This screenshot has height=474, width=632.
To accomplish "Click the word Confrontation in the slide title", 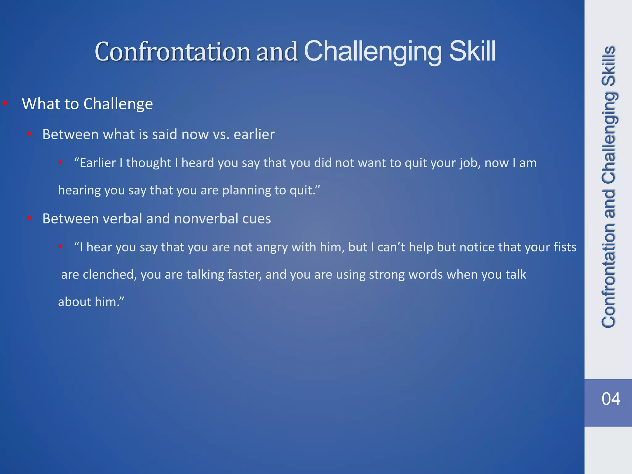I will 172,52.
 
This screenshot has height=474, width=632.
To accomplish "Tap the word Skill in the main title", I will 472,51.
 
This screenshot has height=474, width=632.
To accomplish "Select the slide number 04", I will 611,399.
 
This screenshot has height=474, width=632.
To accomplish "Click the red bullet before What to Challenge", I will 5,103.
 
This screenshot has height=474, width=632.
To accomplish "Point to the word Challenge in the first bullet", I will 118,104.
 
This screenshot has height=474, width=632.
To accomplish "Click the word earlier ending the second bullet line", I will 254,135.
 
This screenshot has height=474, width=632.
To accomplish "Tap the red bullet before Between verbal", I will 29,218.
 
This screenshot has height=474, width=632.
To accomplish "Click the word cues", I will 256,219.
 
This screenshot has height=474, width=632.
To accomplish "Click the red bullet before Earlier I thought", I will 61,162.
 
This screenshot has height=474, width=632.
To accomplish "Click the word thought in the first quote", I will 148,163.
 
